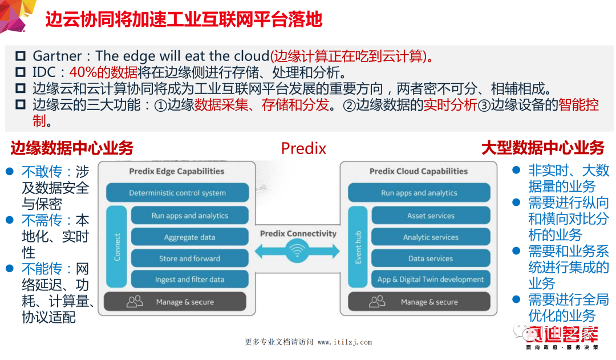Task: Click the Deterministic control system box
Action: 177,193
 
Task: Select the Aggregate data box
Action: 189,237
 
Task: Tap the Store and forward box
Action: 189,258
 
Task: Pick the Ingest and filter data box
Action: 189,280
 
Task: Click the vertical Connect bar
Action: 117,247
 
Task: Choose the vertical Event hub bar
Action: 359,247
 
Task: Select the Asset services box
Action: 431,216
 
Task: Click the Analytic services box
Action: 431,237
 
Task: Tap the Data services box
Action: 431,258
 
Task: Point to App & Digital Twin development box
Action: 431,280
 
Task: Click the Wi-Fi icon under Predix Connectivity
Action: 298,251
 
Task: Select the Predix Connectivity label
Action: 298,233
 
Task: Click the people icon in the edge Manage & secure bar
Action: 135,301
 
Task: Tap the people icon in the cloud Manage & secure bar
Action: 378,301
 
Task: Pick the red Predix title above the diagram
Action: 303,149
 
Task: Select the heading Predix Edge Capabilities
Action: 176,171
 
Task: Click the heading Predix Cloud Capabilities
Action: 418,171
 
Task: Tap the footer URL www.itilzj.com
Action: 345,342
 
